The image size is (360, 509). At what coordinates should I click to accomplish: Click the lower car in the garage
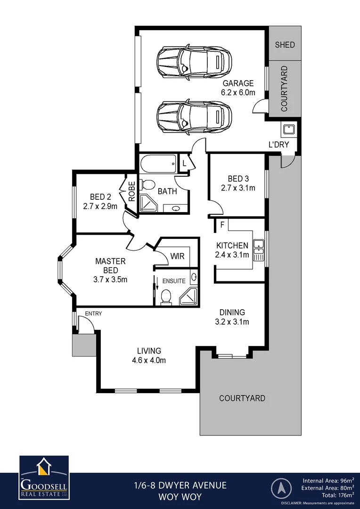point(194,116)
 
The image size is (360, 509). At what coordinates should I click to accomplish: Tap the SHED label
point(285,45)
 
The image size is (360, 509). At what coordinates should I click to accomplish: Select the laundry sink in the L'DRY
point(287,129)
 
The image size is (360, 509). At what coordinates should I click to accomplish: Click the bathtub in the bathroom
point(158,165)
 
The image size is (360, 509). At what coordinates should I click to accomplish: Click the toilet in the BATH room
point(148,185)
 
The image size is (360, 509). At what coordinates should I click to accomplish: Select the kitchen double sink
point(258,250)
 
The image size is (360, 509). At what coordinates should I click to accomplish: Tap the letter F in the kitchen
point(221,225)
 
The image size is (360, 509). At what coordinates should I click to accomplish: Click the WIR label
point(177,256)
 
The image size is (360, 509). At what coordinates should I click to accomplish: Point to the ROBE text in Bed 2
point(132,192)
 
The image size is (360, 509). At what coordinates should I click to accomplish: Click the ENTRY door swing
point(85,325)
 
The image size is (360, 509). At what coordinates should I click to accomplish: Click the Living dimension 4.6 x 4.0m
point(149,361)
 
